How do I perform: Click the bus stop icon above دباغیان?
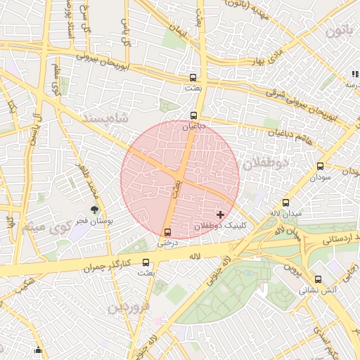pyautogui.click(x=193, y=115)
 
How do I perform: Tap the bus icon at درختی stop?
pyautogui.click(x=167, y=232)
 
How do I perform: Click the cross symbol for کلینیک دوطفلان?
pyautogui.click(x=221, y=214)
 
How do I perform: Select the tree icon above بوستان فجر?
pyautogui.click(x=95, y=209)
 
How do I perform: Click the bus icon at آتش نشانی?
pyautogui.click(x=319, y=279)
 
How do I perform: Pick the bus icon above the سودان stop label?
pyautogui.click(x=321, y=167)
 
